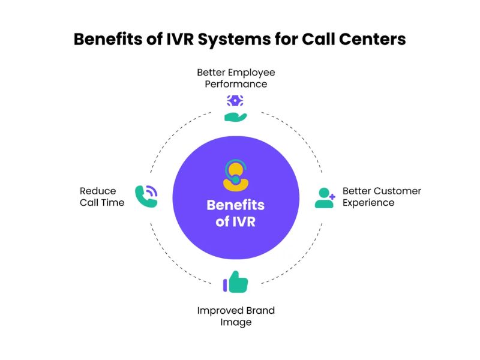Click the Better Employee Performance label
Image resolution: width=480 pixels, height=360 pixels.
coord(236,78)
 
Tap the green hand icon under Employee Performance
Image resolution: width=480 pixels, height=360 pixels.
coord(235,116)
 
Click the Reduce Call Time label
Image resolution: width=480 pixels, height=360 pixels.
coord(102,197)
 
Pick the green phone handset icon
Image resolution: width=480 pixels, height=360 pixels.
coord(146,196)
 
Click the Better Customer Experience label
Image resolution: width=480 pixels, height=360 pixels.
coord(382,197)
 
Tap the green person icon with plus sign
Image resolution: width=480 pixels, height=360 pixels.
coord(325,198)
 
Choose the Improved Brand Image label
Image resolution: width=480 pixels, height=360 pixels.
coord(236,316)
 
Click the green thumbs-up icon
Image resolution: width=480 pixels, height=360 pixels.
coord(235,281)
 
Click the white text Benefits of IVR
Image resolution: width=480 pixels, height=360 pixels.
coord(236,212)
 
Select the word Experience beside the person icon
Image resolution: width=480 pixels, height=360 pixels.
coord(368,203)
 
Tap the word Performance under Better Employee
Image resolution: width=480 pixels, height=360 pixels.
coord(236,84)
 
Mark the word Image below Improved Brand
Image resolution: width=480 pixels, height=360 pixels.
coord(236,322)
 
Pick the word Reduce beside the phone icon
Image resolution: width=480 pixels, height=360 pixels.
coord(98,191)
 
